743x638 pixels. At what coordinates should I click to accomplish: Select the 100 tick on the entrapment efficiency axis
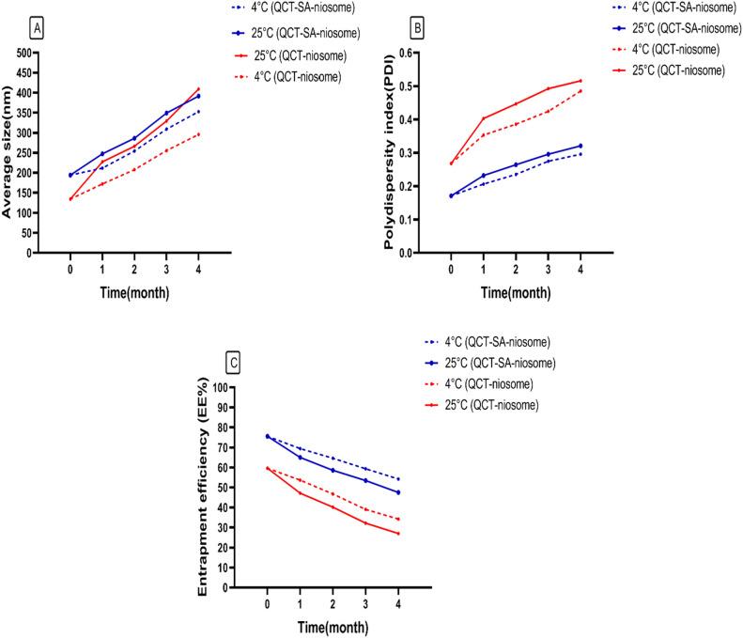(223, 387)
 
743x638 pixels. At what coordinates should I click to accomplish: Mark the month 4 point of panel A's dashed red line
(199, 134)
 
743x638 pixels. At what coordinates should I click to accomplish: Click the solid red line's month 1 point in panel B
(484, 118)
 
